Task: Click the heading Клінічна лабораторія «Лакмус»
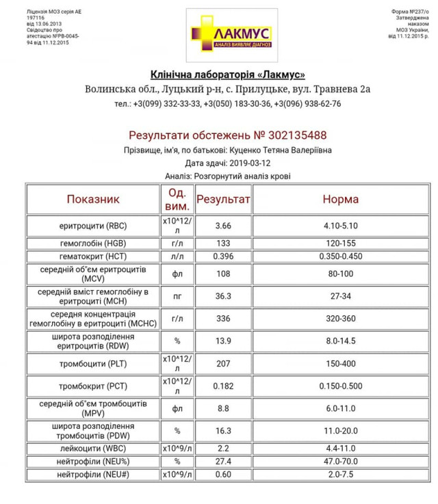[227, 75]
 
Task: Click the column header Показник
[93, 199]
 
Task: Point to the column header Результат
[223, 199]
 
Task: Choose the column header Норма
[340, 199]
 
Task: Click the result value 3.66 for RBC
[223, 226]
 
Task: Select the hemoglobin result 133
[223, 243]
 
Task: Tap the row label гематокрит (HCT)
[93, 256]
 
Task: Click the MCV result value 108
[223, 274]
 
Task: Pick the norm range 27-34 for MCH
[340, 297]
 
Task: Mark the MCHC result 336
[223, 319]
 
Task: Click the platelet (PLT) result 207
[223, 364]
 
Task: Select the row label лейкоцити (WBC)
[93, 448]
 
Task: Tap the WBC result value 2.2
[223, 448]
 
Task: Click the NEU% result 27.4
[223, 461]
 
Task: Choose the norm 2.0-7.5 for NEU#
[340, 475]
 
